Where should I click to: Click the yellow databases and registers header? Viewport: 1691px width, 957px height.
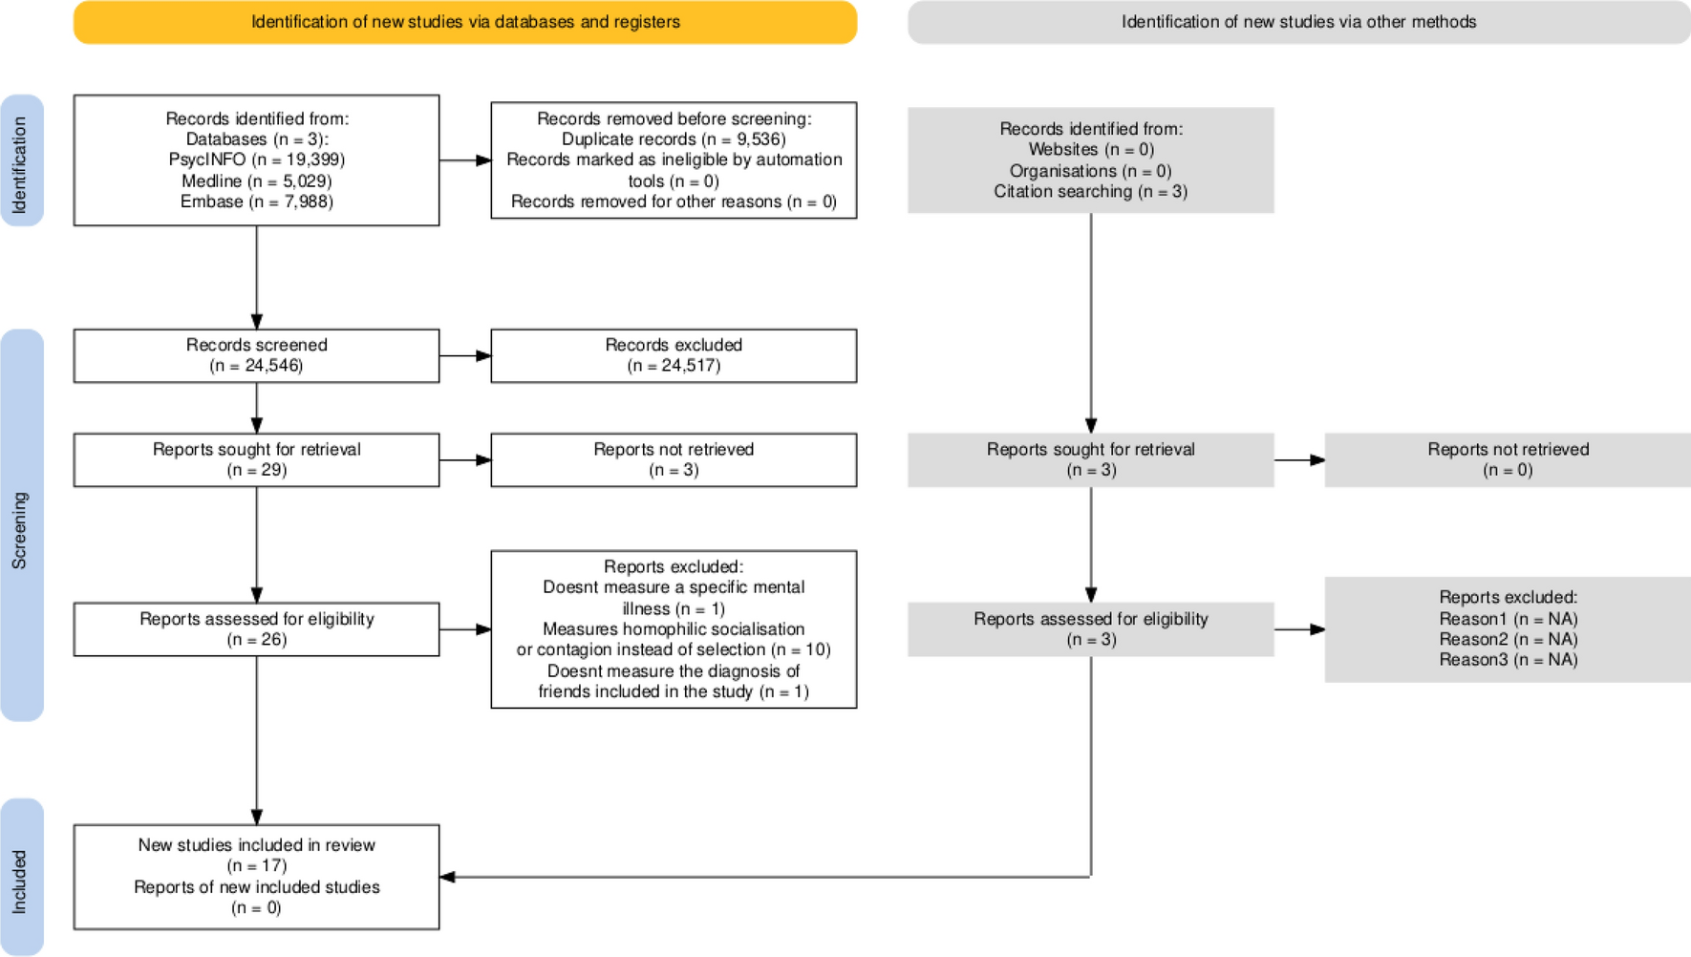click(x=465, y=22)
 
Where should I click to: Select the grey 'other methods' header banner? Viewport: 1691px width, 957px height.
click(x=1298, y=22)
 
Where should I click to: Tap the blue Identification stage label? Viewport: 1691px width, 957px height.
click(x=22, y=160)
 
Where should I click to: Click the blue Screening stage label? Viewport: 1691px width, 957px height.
click(x=22, y=525)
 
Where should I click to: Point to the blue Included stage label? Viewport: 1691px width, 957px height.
click(x=22, y=877)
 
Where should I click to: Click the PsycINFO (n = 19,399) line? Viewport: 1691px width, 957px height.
click(x=257, y=159)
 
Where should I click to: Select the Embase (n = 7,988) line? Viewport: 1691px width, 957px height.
click(x=257, y=202)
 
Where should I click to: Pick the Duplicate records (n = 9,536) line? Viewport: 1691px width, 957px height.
click(x=674, y=139)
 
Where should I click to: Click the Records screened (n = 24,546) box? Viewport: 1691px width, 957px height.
click(x=257, y=356)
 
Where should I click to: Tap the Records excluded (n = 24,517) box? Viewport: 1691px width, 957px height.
click(x=674, y=356)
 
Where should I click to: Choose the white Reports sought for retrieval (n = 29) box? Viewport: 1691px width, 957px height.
click(x=257, y=460)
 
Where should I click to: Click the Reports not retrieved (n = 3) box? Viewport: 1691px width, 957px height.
click(x=674, y=460)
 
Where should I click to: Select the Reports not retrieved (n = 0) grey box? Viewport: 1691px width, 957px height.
click(x=1508, y=460)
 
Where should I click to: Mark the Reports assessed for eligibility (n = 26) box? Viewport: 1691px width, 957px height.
click(x=257, y=629)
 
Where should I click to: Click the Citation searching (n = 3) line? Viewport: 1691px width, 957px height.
click(x=1091, y=191)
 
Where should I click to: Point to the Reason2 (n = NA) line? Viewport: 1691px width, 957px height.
click(x=1509, y=639)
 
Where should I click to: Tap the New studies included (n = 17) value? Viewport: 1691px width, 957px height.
click(x=257, y=865)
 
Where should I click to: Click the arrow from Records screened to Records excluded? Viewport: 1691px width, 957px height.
click(x=465, y=356)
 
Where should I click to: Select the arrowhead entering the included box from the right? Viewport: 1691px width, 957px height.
click(x=447, y=877)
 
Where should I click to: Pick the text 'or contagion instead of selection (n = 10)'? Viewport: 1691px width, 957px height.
click(x=674, y=649)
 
